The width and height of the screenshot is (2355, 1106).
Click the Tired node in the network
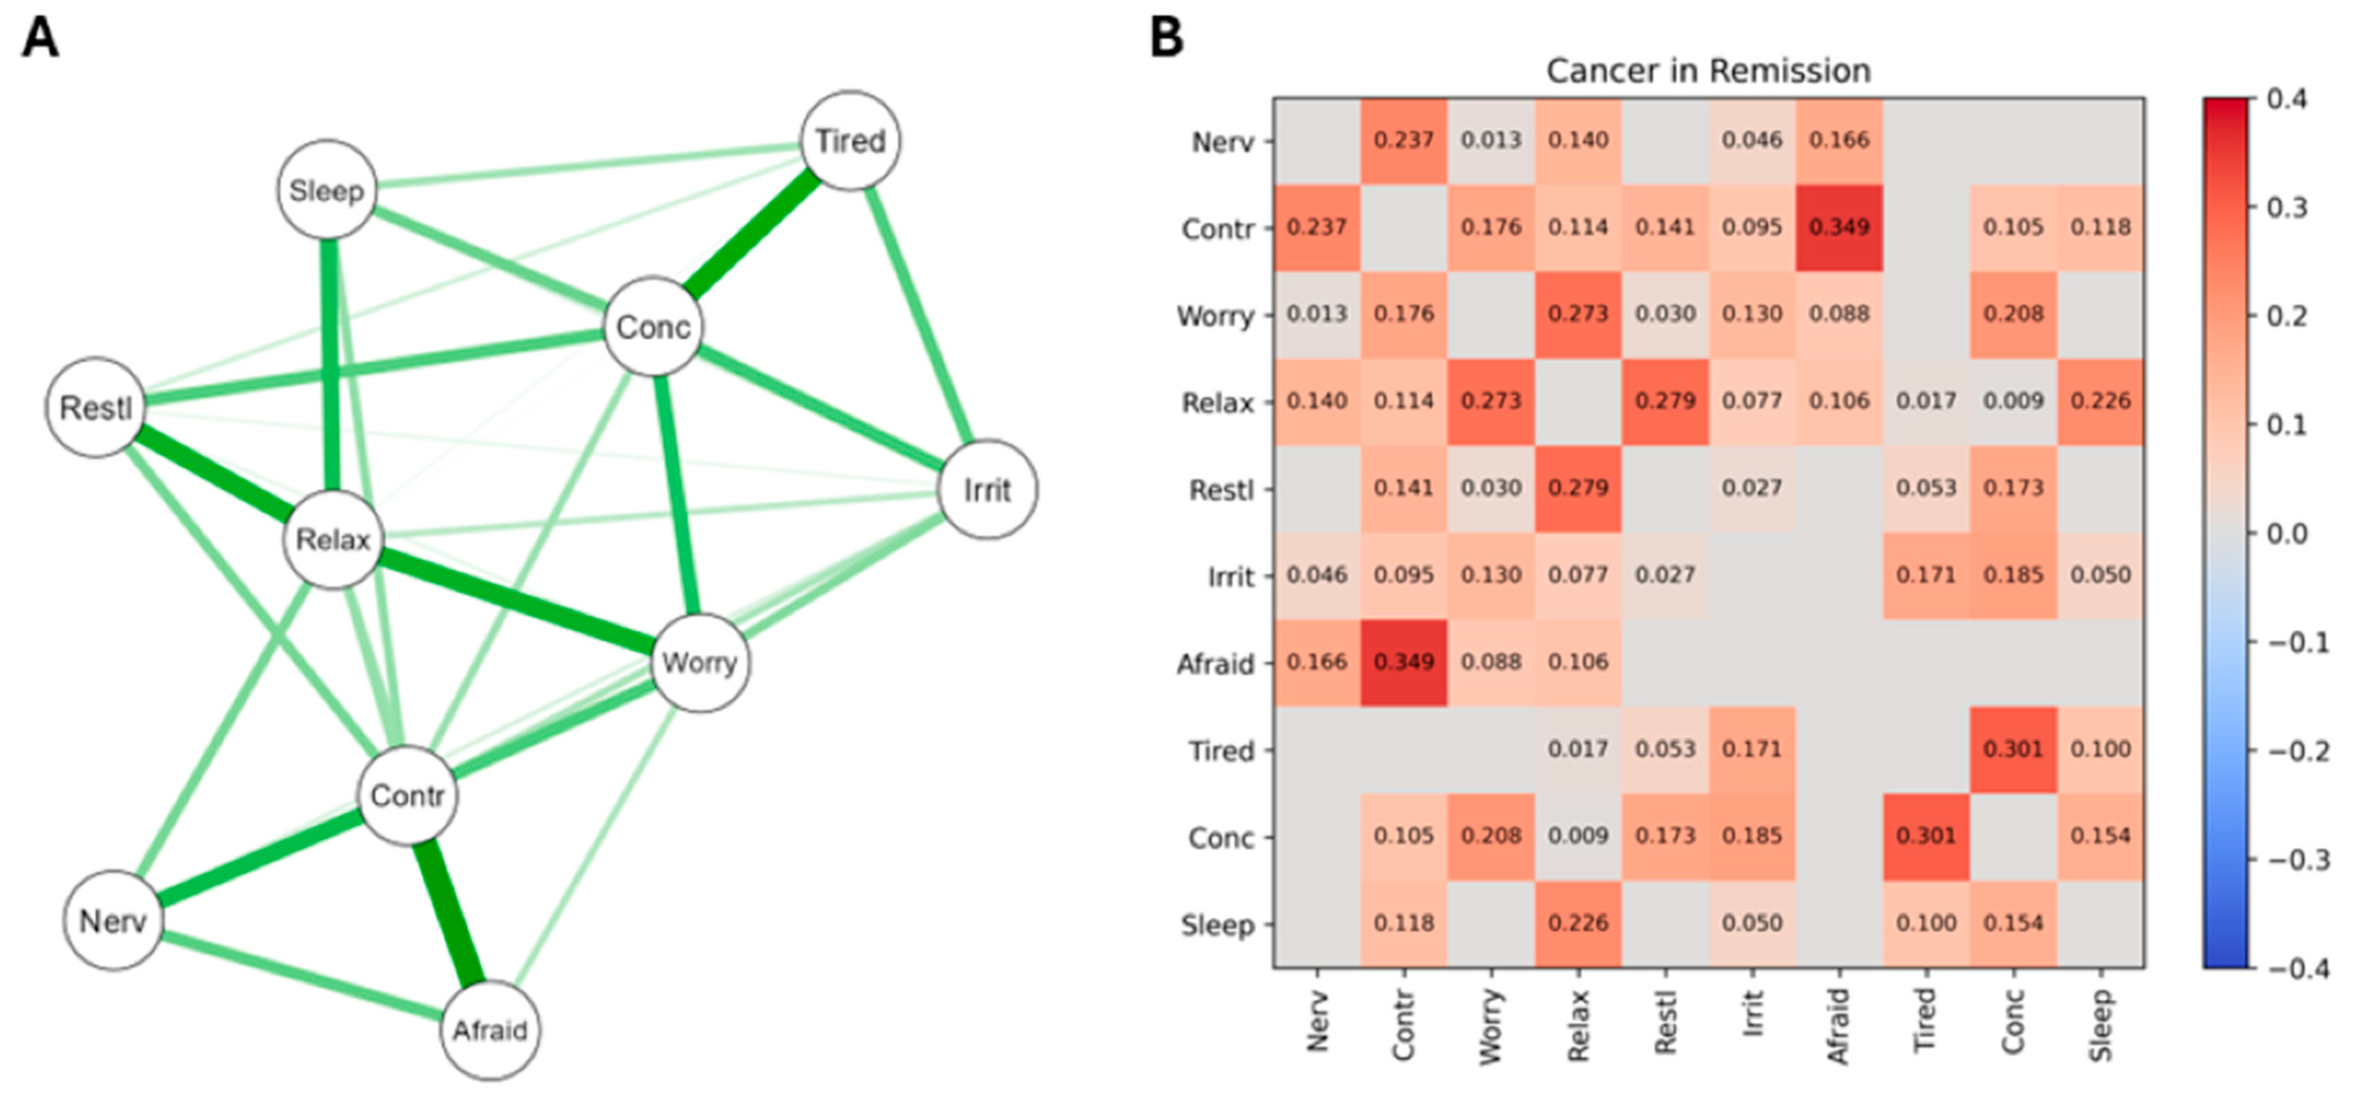click(850, 140)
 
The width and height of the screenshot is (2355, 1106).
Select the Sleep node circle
click(326, 190)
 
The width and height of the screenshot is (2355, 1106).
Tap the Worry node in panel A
click(700, 662)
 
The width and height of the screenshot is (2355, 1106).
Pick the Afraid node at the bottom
click(490, 1030)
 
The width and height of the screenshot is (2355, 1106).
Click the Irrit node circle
click(988, 490)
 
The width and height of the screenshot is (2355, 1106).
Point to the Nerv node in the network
click(112, 920)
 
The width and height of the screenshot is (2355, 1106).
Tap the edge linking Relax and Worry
click(516, 601)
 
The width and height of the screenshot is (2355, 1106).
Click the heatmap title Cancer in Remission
click(1708, 71)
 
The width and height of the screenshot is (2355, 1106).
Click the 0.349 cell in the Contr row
click(1839, 227)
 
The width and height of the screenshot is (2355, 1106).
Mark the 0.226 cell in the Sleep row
click(1578, 923)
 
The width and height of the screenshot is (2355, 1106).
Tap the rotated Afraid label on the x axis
click(1838, 1026)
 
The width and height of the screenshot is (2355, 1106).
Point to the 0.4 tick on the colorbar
click(2286, 99)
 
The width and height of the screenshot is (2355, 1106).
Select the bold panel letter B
click(1167, 38)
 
